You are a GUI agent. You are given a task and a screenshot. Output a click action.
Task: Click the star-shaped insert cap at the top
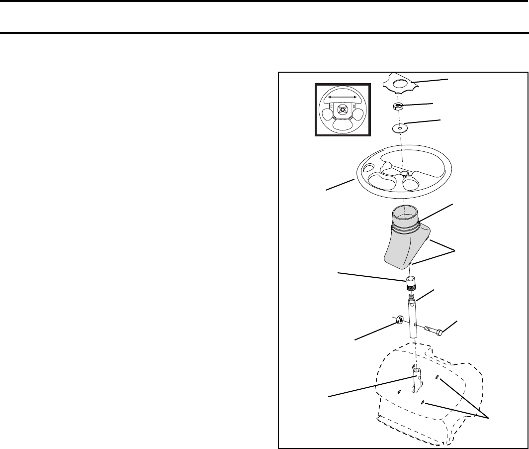[403, 85]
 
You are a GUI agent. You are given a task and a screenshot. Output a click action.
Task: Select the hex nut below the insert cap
[398, 106]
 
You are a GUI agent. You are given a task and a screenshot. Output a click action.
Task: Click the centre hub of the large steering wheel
[403, 173]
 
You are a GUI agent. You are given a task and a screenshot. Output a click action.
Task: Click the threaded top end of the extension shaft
[412, 298]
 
